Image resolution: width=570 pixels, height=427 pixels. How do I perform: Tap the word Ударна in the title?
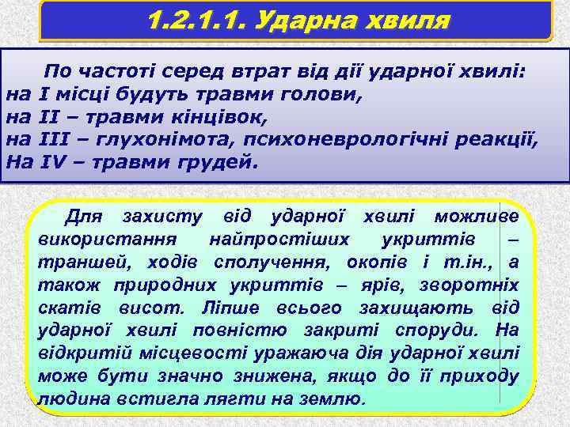coord(290,20)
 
